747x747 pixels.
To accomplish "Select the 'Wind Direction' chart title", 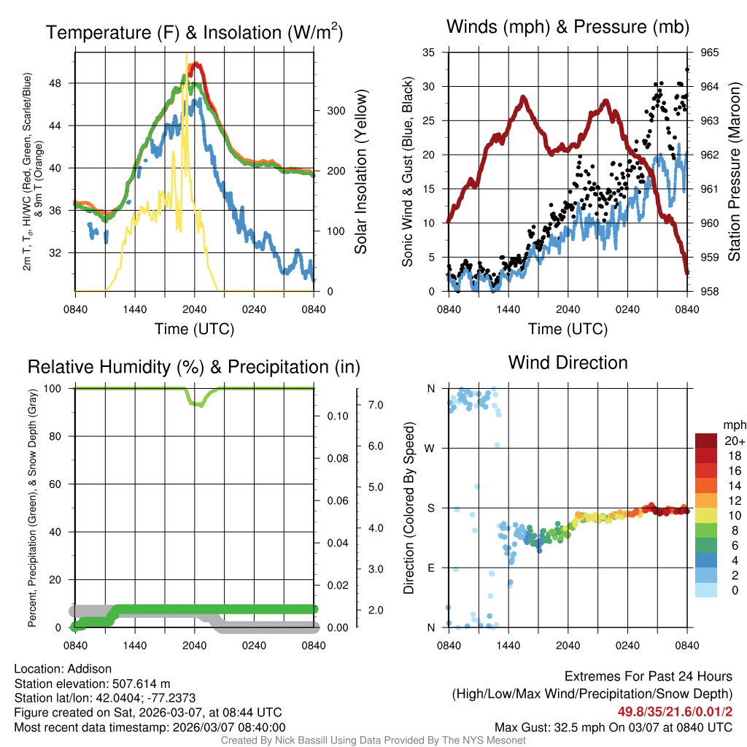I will (568, 363).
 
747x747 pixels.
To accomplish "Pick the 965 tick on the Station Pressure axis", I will (711, 53).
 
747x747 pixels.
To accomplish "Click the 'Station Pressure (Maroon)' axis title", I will (735, 171).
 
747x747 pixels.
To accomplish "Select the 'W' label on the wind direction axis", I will (430, 448).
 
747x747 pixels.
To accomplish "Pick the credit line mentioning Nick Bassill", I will (373, 740).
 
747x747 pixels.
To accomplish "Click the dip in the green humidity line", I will (198, 403).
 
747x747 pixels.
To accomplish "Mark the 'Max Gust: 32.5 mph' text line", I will (613, 727).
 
